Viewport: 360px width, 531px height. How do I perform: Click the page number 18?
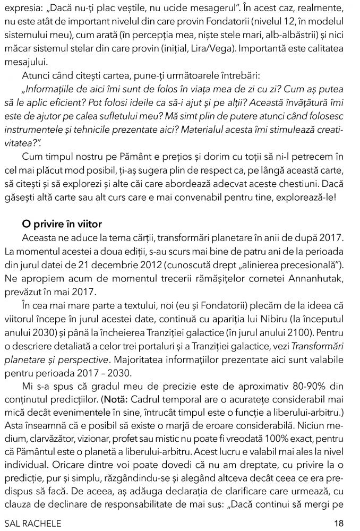coord(339,523)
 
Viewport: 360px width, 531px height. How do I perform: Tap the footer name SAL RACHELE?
coord(32,523)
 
